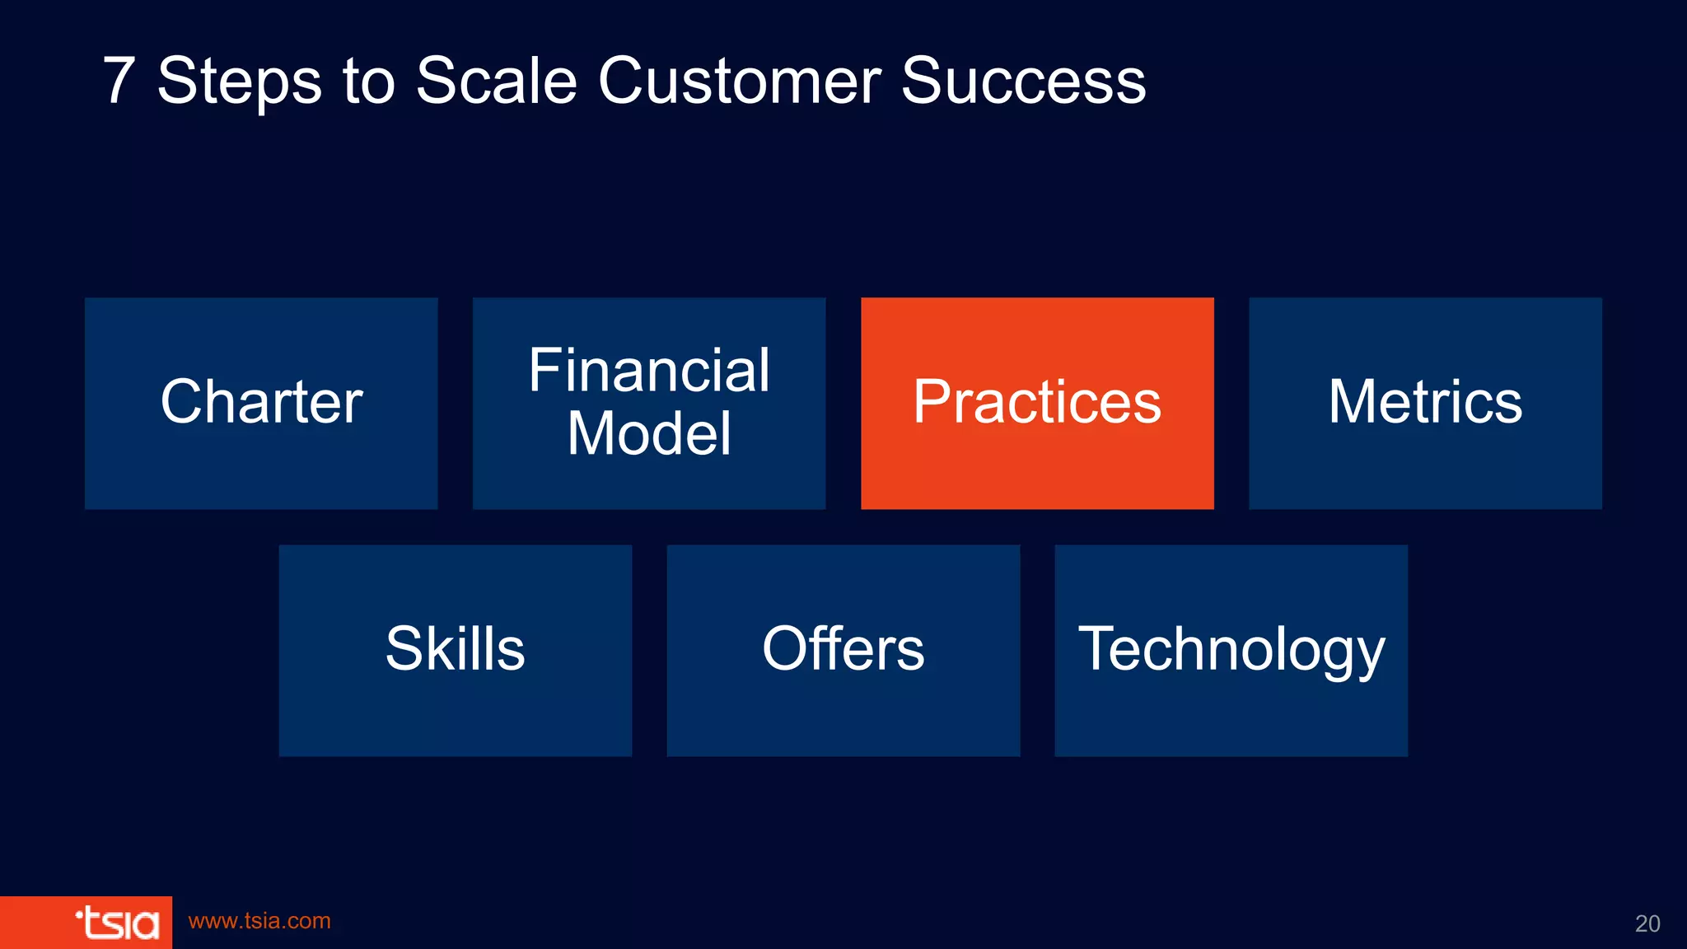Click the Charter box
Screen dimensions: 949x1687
261,403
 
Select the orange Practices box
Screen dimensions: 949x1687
1037,403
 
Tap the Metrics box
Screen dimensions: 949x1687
1425,403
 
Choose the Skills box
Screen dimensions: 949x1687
455,650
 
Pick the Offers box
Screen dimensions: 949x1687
843,650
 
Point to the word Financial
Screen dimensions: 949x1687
649,371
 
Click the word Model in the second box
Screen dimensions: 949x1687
649,433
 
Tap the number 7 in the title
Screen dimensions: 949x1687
119,81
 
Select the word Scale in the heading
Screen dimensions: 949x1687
496,81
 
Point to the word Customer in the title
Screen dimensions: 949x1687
739,81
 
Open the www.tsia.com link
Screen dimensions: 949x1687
259,921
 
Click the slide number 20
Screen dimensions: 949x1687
1647,923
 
